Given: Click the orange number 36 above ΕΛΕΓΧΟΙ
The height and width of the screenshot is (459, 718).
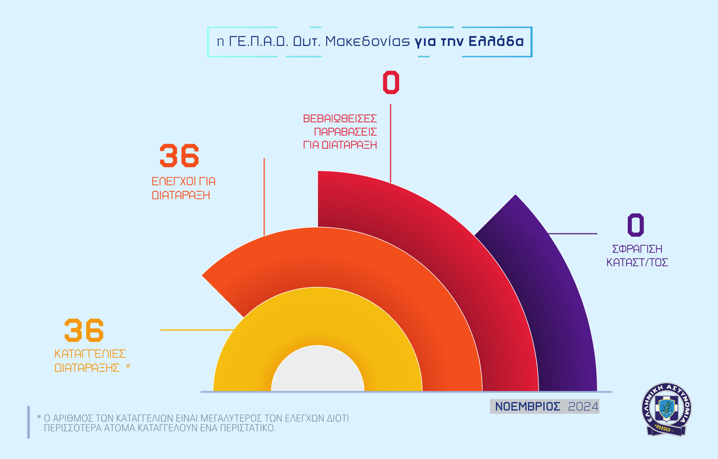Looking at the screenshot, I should tap(179, 156).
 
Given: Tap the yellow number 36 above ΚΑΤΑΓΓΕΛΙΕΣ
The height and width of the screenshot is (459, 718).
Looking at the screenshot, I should tap(84, 330).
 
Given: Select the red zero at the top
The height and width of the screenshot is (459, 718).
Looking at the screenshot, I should tap(391, 82).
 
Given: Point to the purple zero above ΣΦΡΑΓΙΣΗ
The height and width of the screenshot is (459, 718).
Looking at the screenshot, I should tap(636, 225).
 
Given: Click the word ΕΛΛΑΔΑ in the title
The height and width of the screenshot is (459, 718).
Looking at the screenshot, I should tap(496, 41).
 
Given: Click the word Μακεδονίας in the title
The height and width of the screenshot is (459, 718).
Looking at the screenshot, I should tap(367, 41).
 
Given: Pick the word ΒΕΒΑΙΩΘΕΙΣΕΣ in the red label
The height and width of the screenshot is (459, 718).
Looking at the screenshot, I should tap(340, 119).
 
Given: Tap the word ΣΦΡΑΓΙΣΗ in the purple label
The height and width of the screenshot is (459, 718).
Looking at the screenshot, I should tap(637, 249).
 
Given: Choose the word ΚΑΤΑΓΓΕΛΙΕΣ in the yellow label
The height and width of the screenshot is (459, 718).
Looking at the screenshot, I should tap(90, 354).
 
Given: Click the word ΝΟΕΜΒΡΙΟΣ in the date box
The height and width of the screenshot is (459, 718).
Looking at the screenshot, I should tap(528, 407).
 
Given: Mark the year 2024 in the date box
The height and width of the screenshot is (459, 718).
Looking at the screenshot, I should tap(583, 407).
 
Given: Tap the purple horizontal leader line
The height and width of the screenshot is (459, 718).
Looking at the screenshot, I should tap(572, 234).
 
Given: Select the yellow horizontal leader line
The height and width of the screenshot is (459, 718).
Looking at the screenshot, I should tap(197, 330).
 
